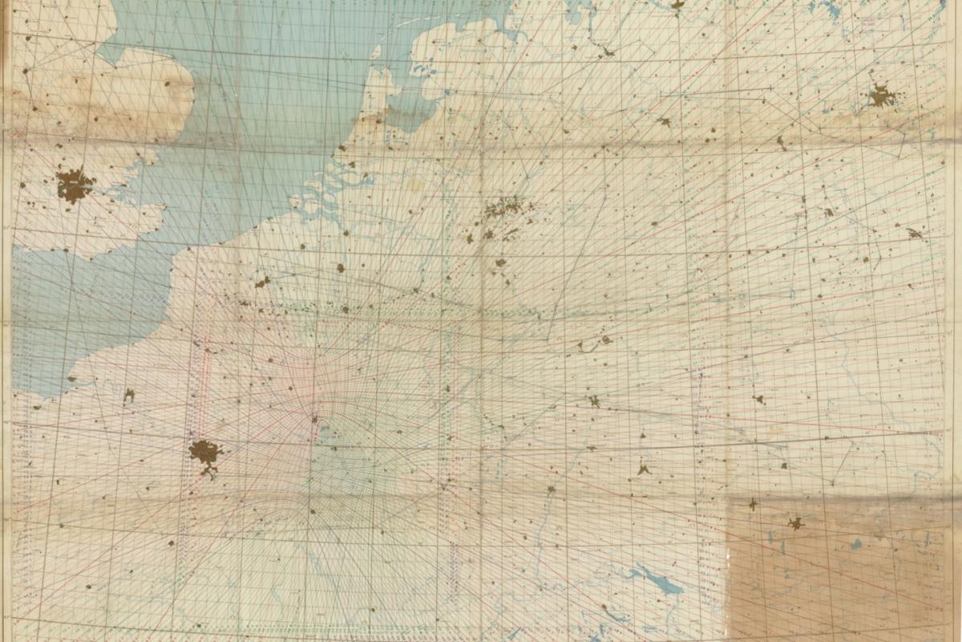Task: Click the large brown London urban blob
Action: [74, 185]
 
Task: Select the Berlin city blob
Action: [881, 96]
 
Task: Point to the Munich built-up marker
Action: [795, 523]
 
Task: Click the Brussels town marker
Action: [340, 268]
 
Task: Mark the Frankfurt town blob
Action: [594, 400]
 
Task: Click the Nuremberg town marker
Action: [758, 399]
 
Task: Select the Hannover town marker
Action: [665, 122]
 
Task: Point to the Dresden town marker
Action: [914, 234]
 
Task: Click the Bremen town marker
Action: [608, 53]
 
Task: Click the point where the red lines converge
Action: [313, 418]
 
